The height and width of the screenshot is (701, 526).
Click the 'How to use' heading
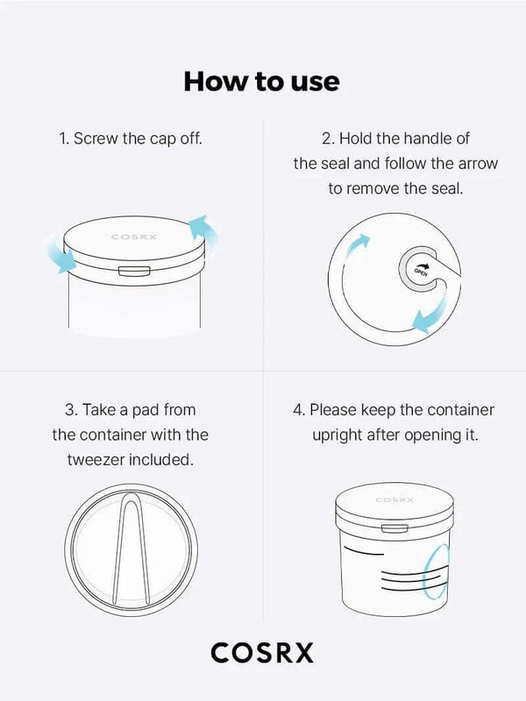click(x=261, y=81)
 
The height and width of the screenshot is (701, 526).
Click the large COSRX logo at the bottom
click(x=262, y=653)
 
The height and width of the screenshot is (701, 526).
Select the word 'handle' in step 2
click(x=428, y=138)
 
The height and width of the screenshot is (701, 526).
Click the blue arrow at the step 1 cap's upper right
click(x=203, y=230)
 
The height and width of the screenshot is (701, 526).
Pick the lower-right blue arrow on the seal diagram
click(x=430, y=315)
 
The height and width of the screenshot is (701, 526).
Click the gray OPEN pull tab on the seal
click(x=420, y=268)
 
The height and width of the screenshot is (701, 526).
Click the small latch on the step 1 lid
click(x=134, y=271)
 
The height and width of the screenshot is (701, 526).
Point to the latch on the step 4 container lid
click(x=394, y=529)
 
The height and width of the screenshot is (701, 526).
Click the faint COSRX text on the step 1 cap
click(x=134, y=237)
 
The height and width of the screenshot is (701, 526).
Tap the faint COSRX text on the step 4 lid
click(x=394, y=499)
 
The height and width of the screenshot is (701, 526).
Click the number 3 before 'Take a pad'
click(x=69, y=410)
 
